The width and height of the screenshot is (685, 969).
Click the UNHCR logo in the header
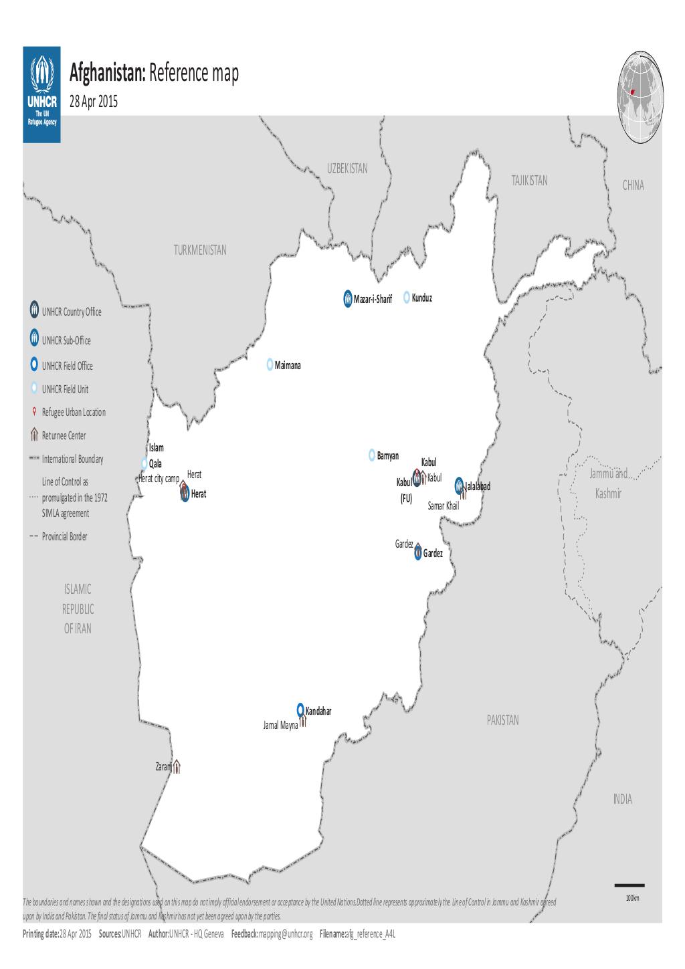[41, 94]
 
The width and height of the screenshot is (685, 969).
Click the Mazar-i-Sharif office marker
[347, 298]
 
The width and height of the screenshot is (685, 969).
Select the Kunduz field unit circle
[406, 298]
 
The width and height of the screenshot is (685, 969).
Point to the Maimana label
[292, 366]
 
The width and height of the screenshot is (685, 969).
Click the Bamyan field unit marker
[372, 455]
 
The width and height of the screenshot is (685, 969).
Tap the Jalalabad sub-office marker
[459, 484]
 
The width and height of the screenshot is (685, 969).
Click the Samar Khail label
[443, 506]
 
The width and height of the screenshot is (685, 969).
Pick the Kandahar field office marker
[301, 710]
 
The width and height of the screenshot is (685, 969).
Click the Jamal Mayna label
[280, 725]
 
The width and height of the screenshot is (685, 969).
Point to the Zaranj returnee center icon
[177, 767]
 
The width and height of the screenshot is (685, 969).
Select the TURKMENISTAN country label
[200, 250]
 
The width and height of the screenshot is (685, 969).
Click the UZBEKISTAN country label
[347, 169]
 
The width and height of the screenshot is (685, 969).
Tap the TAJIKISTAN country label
[528, 181]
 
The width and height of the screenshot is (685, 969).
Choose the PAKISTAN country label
[502, 720]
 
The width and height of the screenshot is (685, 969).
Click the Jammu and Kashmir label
[607, 484]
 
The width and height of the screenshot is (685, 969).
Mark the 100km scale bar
[629, 885]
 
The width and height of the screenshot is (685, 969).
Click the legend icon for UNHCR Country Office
[33, 310]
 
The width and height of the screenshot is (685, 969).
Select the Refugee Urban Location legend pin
[33, 411]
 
